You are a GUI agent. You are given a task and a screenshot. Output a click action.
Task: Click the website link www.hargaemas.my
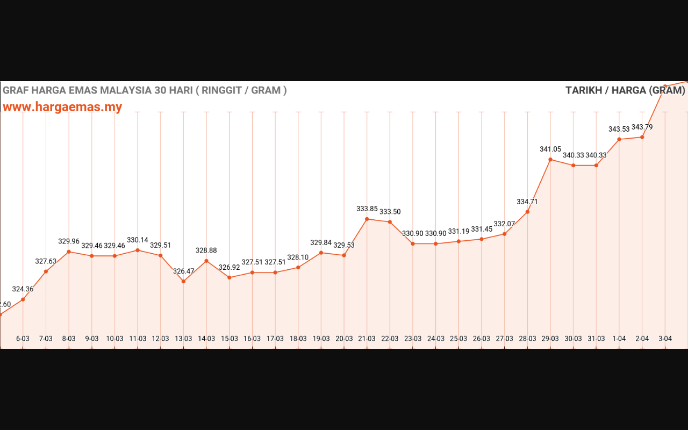click(62, 107)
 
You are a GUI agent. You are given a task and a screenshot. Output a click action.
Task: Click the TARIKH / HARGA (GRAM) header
click(625, 90)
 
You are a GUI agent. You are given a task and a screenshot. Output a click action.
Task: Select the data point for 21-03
click(367, 219)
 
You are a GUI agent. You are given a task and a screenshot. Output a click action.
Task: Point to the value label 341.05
click(550, 149)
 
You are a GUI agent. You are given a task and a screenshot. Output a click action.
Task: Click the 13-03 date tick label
click(183, 339)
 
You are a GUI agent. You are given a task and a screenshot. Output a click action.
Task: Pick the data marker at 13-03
click(183, 281)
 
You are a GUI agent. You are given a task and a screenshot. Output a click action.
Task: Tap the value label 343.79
click(642, 127)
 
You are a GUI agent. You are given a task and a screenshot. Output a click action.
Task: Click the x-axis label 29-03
click(550, 339)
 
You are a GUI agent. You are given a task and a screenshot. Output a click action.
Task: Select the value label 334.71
click(527, 202)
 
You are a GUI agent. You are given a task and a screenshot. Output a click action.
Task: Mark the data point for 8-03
click(69, 252)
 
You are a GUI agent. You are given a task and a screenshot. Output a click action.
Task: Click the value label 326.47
click(183, 271)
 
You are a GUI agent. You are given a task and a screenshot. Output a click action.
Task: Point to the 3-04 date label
click(665, 339)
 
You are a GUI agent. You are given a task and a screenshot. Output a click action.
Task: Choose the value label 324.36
click(23, 289)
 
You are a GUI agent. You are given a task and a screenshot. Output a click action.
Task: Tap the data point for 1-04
click(619, 139)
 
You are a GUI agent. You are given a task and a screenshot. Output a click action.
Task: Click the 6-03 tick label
click(23, 339)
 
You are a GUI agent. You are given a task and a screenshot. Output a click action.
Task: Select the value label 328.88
click(206, 250)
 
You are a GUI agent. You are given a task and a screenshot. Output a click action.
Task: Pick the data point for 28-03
click(527, 212)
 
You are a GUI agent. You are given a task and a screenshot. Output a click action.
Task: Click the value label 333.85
click(367, 209)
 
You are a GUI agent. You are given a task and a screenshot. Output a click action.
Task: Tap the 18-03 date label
click(298, 339)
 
